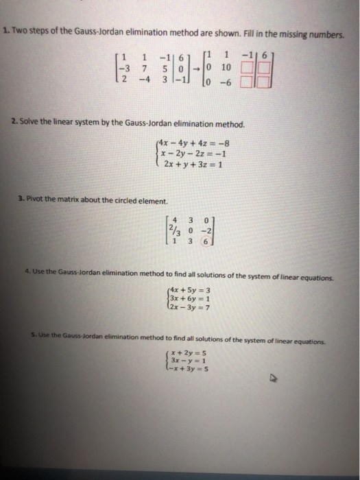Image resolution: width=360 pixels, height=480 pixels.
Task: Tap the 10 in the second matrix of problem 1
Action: click(x=226, y=68)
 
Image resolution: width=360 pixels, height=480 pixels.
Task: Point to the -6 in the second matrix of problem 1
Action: click(x=226, y=82)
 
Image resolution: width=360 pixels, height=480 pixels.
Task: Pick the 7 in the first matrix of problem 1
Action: click(x=145, y=68)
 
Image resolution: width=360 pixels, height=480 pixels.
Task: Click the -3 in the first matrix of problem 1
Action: click(x=123, y=68)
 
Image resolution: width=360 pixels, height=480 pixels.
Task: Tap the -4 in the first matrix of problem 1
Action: click(x=144, y=80)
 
